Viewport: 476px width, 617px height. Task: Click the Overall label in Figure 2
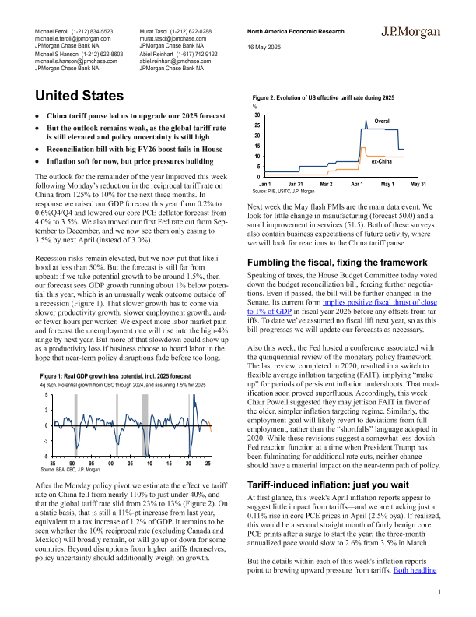(383, 122)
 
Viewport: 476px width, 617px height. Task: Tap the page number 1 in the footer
(439, 593)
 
